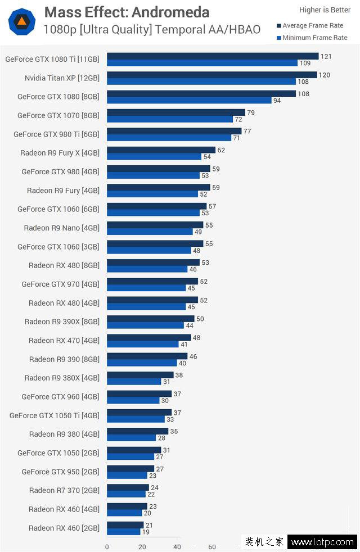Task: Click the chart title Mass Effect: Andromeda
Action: [127, 12]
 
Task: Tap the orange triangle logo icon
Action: [22, 22]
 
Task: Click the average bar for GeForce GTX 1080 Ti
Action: [213, 56]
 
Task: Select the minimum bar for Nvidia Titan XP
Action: [201, 82]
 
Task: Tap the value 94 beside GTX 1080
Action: [277, 101]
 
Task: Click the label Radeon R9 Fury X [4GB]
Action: [60, 153]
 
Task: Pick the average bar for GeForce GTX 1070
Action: [176, 112]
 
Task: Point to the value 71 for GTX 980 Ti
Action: [236, 138]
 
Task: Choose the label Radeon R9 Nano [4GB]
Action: [61, 228]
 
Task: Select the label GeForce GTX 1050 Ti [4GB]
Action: [54, 415]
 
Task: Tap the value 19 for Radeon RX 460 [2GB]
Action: [146, 532]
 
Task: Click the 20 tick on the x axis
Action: [142, 546]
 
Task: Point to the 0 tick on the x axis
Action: [107, 546]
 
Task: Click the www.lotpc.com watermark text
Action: [322, 542]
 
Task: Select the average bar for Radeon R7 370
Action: [128, 487]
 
